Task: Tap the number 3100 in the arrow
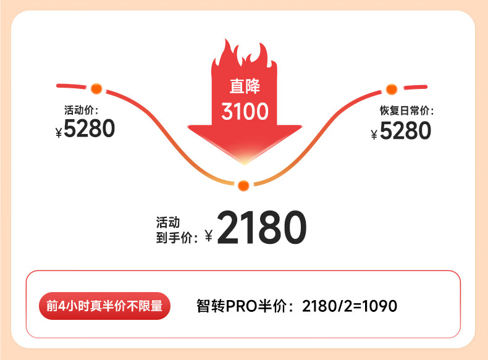[245, 112]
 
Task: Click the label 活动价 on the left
[82, 111]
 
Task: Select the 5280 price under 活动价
[90, 129]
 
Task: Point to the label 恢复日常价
[406, 111]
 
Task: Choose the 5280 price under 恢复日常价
[405, 131]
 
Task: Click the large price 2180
[262, 228]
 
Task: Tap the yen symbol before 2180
[208, 235]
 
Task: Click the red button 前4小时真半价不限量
[104, 306]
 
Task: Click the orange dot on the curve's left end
[96, 88]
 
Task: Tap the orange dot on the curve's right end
[391, 89]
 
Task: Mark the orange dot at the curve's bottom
[243, 185]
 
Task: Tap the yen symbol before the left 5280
[59, 132]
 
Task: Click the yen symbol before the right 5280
[374, 134]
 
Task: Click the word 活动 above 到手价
[168, 222]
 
